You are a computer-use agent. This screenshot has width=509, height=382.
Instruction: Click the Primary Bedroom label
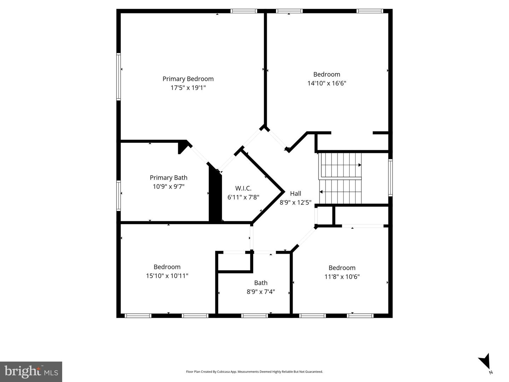coord(188,79)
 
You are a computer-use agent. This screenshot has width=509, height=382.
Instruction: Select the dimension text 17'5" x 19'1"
coord(188,88)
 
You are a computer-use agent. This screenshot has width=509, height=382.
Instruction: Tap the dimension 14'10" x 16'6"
coord(327,83)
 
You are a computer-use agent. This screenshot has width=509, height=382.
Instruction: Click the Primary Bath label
coord(168,178)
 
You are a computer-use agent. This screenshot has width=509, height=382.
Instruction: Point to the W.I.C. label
coord(243,188)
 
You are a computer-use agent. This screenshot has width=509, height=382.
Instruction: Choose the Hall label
coord(296,193)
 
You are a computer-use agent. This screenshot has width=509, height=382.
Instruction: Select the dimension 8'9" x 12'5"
coord(296,202)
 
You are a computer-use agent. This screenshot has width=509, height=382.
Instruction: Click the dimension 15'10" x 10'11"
coord(167,276)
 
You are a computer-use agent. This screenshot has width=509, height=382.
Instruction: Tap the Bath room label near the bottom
coord(261,283)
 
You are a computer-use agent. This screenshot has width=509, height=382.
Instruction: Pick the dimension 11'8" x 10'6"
coord(342,277)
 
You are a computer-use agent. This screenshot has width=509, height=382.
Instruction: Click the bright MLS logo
coord(31,371)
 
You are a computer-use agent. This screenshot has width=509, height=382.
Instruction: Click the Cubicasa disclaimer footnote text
coord(254,372)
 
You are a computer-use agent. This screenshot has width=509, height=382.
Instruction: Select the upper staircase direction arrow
coord(359,165)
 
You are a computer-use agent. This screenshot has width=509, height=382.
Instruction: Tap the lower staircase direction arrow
coord(321,192)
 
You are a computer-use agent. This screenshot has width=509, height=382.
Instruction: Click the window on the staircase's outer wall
coord(390,177)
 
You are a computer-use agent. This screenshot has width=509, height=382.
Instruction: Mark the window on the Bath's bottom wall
coord(254,316)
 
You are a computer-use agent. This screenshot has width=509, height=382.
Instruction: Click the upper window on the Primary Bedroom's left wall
coord(119,77)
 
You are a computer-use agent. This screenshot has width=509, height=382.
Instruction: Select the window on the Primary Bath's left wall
coord(119,196)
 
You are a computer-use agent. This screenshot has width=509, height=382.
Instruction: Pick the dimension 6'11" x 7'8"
coord(243,198)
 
